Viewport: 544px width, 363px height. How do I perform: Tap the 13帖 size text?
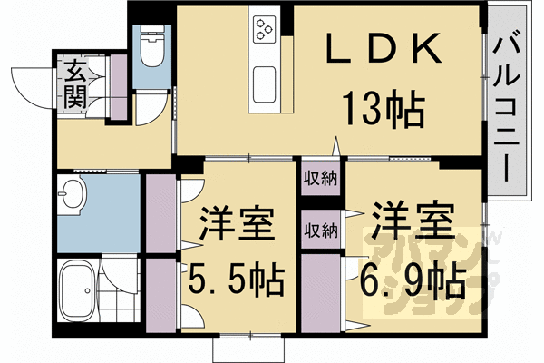pos(382,111)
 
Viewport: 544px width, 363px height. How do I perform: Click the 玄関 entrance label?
pos(75,84)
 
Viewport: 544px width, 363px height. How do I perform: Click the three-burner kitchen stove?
pos(265,31)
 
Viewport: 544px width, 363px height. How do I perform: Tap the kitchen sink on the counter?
pos(265,84)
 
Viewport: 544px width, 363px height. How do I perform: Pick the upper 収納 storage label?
pos(320,177)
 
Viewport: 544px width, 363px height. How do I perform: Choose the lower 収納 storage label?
pos(320,229)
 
